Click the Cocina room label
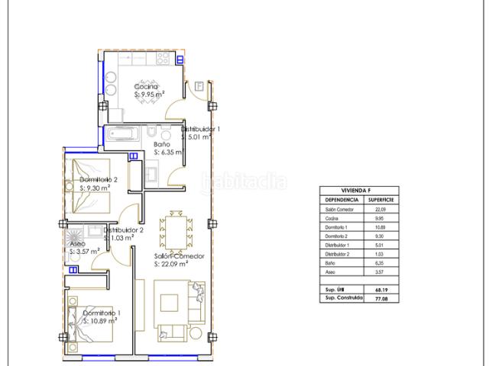(146, 87)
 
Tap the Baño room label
(161, 144)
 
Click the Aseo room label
(76, 245)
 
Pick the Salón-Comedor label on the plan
(179, 256)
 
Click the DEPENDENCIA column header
(338, 199)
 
